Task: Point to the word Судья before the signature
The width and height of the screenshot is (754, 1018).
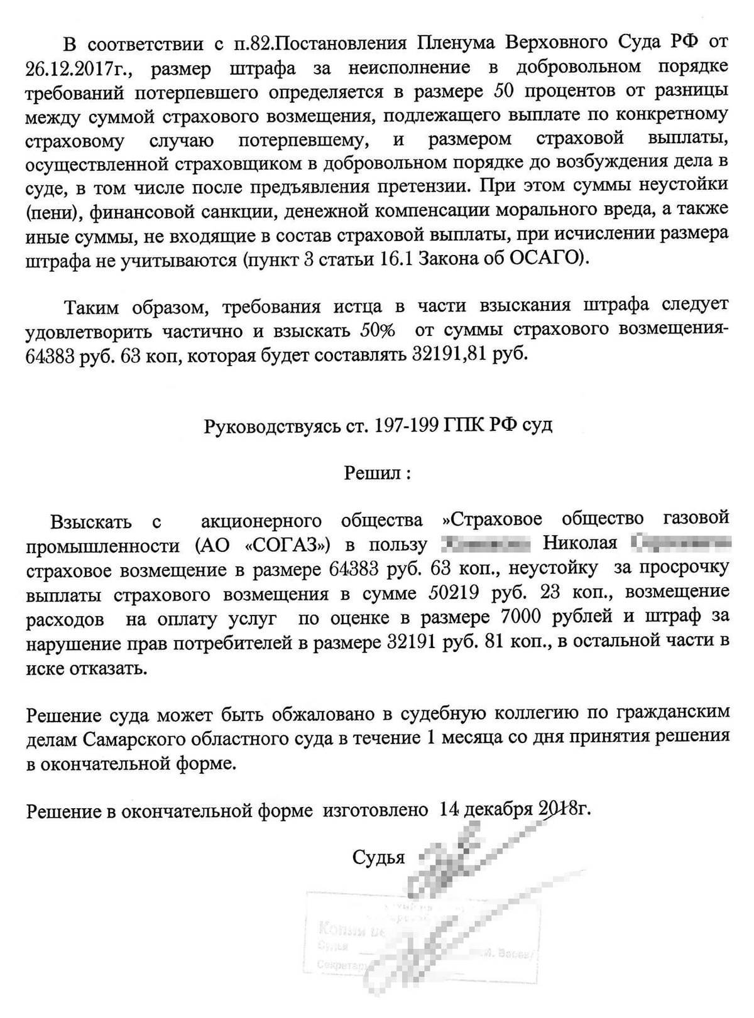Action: point(378,857)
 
